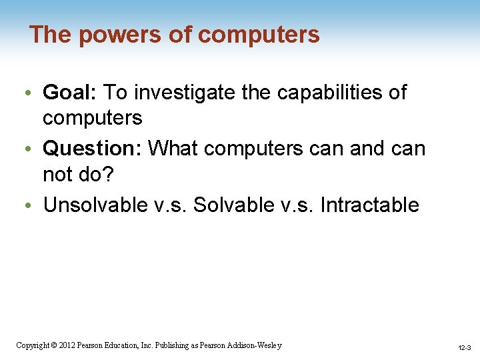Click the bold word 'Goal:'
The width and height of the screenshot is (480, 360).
point(71,93)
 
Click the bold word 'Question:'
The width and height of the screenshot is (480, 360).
point(93,148)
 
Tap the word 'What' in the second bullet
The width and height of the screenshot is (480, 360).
point(173,148)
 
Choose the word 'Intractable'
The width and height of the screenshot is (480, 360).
point(369,205)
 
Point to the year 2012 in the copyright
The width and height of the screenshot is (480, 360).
point(66,345)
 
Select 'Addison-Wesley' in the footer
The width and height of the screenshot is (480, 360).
point(254,345)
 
